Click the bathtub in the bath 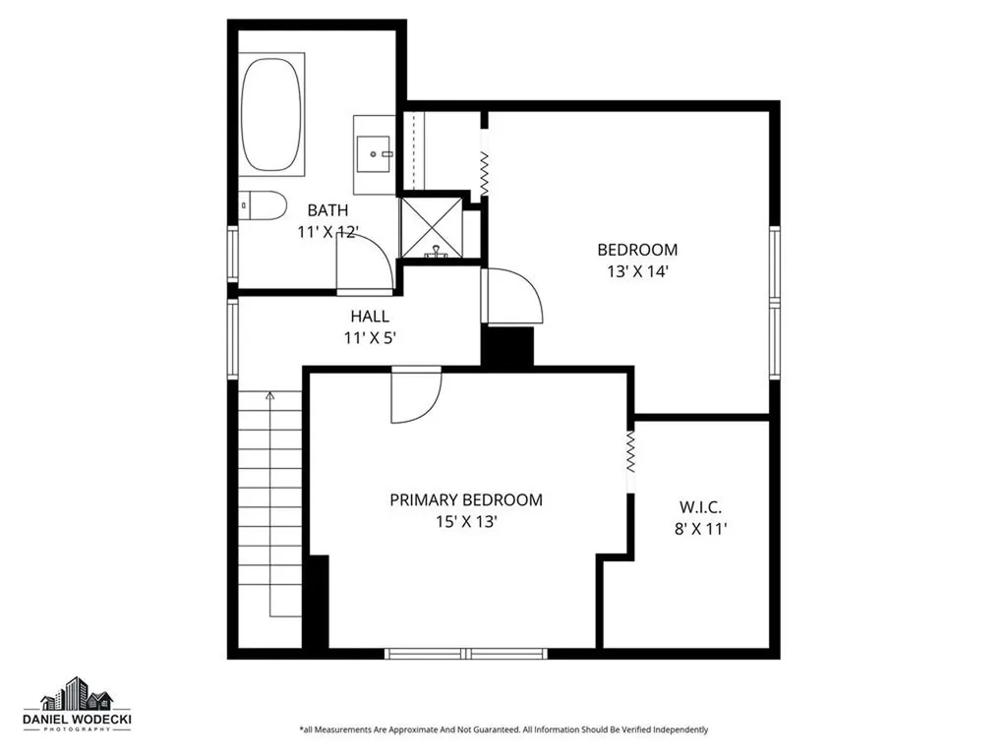coord(272,115)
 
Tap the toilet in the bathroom coord(264,205)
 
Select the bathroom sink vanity coord(374,152)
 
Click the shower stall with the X coord(430,227)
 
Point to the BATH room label coord(327,210)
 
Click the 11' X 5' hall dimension coord(369,338)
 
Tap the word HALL coord(370,317)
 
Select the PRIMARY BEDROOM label coord(465,500)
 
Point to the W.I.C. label coord(700,507)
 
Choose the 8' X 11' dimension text coord(701,530)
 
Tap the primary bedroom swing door coord(414,395)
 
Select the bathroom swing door coord(364,263)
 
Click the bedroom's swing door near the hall coord(510,295)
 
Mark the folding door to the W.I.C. coord(630,455)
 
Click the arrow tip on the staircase coord(270,394)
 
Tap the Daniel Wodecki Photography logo coord(78,706)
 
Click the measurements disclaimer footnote coord(503,729)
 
